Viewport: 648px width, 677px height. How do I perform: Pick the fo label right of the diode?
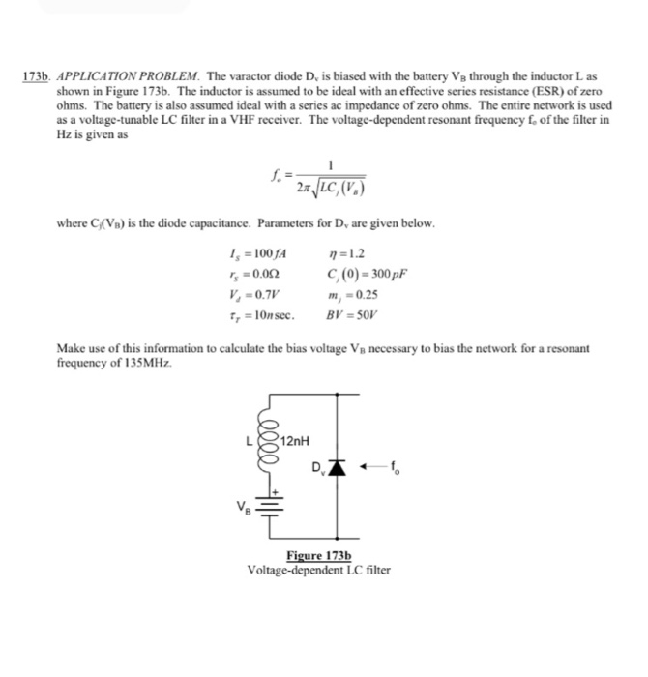pyautogui.click(x=393, y=473)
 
